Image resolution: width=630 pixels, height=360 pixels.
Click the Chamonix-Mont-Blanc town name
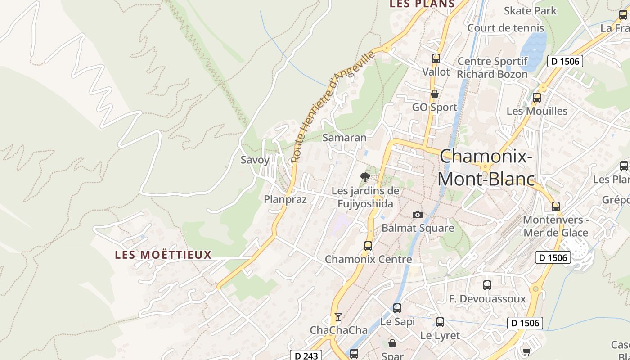(x=486, y=168)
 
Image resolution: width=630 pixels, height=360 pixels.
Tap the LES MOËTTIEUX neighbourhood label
(x=163, y=255)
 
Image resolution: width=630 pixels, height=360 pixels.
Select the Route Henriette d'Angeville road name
(x=333, y=107)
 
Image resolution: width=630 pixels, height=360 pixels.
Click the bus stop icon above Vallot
(x=436, y=58)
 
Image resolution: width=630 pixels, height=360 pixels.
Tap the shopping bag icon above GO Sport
(x=435, y=94)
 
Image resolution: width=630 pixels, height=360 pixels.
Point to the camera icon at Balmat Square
(x=418, y=215)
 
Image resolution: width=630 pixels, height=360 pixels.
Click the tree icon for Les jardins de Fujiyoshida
(x=365, y=177)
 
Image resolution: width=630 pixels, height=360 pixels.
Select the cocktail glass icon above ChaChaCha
(x=338, y=317)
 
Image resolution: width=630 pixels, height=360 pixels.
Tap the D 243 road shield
(x=306, y=355)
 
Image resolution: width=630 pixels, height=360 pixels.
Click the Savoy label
(x=255, y=160)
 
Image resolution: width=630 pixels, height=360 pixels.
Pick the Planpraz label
(x=285, y=199)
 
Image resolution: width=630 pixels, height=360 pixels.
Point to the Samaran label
(x=345, y=138)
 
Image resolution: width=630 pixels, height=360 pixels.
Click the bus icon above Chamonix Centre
(x=368, y=246)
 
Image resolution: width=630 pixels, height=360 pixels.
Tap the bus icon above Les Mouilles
(x=536, y=98)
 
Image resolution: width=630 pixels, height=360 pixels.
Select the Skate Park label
(x=530, y=10)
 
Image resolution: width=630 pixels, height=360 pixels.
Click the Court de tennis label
(x=506, y=28)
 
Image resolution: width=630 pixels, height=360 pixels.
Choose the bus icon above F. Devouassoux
(x=487, y=285)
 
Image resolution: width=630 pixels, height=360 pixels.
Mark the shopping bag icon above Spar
(x=392, y=343)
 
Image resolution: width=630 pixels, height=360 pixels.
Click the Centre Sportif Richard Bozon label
(x=492, y=67)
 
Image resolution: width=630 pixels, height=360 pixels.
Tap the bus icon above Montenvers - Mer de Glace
(x=556, y=207)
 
